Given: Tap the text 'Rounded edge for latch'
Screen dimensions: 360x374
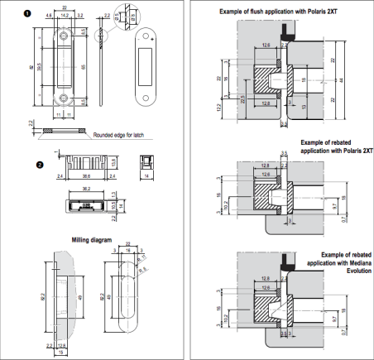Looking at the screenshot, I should pos(118,134).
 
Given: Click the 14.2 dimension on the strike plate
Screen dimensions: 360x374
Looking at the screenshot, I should pos(65,15).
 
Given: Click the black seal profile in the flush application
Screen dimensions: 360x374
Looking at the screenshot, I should pos(286,32).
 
